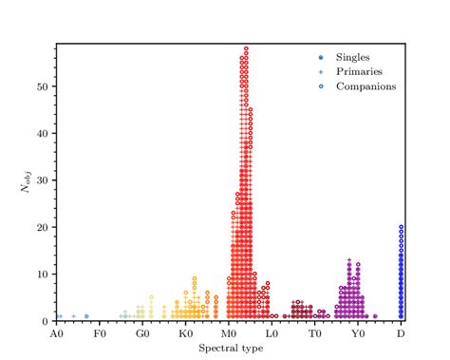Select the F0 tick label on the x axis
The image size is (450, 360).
(99, 334)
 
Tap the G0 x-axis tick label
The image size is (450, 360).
(141, 334)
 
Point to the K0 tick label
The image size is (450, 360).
(185, 334)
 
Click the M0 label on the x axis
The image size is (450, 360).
(229, 334)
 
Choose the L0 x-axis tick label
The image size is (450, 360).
(272, 334)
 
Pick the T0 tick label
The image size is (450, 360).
(315, 334)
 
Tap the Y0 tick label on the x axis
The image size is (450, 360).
(358, 334)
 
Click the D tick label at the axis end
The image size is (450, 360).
(402, 334)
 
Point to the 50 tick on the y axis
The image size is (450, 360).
(44, 86)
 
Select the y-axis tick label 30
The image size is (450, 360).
(44, 180)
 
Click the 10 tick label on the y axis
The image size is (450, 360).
(44, 275)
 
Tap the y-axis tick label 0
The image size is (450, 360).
(47, 321)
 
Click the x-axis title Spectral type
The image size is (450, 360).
(228, 348)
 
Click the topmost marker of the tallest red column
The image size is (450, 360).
(246, 48)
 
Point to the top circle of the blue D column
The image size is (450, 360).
(402, 227)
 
